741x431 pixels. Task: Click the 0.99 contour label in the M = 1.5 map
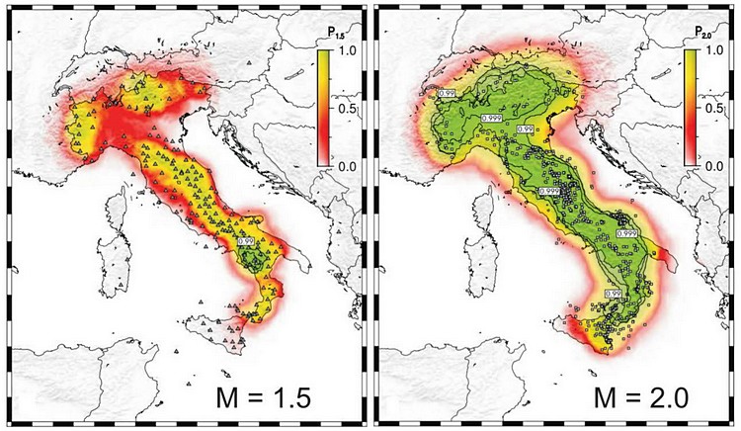pos(246,239)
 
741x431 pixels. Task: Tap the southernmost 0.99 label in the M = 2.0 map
pos(614,294)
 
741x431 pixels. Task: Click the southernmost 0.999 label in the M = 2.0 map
pos(625,233)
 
